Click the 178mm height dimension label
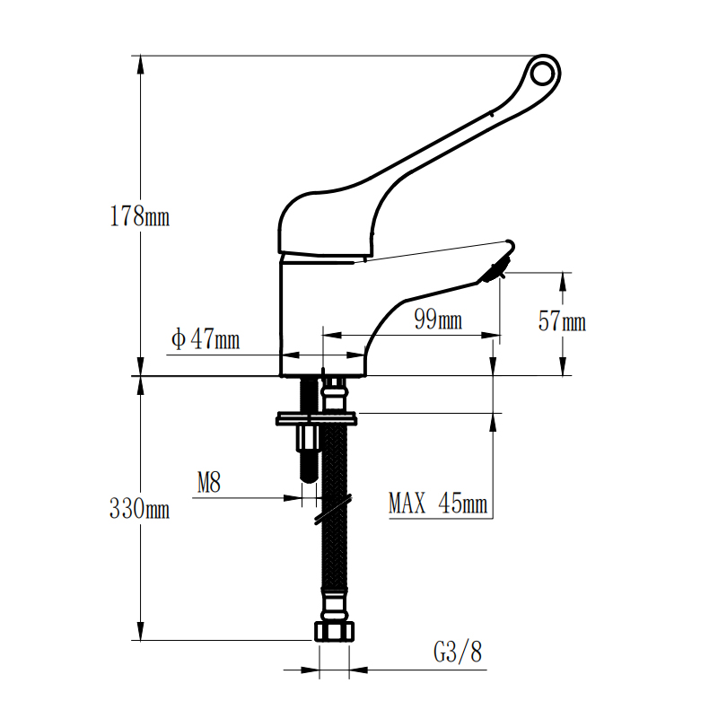coord(140,216)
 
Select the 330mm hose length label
coord(140,508)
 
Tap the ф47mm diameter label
coord(206,339)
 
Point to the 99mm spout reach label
coord(438,319)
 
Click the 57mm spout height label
coord(563,320)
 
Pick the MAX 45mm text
coord(438,503)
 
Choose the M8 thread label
coord(209,482)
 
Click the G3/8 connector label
coord(458,652)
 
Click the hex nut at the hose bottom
coord(335,632)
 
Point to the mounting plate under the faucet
coord(317,418)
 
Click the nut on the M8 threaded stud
coord(310,437)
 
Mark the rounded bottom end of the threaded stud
coord(310,477)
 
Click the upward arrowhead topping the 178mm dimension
coord(141,65)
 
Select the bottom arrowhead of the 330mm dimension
coord(141,631)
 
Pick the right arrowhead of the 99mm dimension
coord(490,335)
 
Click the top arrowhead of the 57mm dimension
coord(563,282)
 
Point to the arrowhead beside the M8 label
coord(293,498)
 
